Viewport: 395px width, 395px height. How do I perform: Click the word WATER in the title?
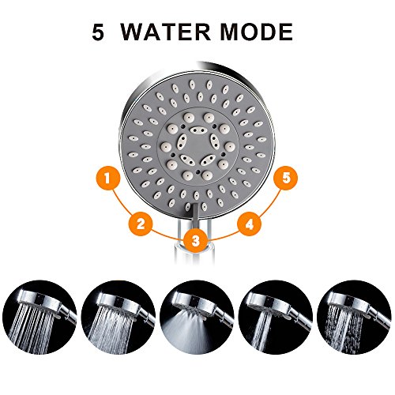pos(165,32)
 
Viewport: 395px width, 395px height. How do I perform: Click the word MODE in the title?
pos(256,32)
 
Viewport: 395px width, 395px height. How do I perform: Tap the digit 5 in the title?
pos(98,32)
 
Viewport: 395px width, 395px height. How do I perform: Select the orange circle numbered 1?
pos(108,178)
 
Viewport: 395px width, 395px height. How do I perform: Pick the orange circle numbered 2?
pos(141,224)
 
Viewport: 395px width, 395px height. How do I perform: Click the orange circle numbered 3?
pos(195,240)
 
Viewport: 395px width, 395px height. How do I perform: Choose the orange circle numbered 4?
pos(249,224)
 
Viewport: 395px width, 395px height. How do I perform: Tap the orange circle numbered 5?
pos(286,178)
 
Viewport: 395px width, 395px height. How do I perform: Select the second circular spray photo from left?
pos(118,318)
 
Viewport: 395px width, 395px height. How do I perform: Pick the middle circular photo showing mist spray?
pos(197,318)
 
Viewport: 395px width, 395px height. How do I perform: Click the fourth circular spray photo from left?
pos(275,318)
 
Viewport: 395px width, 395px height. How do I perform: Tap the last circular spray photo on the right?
pos(354,318)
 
